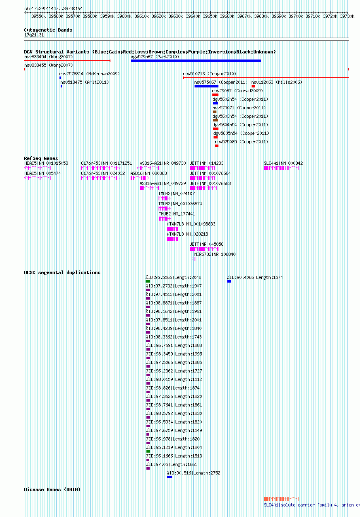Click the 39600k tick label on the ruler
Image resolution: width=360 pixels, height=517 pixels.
124,16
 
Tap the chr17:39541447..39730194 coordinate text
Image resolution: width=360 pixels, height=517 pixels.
53,9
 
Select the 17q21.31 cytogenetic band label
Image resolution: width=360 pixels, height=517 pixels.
34,35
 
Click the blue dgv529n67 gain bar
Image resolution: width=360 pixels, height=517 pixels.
196,61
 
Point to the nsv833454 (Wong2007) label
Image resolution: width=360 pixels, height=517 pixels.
49,57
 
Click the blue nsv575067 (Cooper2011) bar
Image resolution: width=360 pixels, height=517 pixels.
206,86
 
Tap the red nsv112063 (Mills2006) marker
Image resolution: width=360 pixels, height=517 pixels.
253,86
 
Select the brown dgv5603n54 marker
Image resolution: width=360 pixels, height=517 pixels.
215,120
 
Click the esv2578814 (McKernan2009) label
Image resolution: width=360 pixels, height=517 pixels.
89,74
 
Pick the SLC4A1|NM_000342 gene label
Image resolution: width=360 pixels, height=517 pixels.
283,163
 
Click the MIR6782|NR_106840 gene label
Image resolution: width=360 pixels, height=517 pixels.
215,254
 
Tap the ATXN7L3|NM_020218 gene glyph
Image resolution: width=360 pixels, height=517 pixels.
172,239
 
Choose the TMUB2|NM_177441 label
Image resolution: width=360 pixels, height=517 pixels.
177,214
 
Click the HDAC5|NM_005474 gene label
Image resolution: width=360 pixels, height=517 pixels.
42,173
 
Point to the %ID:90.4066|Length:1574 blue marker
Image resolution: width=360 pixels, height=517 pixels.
229,281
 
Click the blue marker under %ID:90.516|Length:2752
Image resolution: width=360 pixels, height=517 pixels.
170,477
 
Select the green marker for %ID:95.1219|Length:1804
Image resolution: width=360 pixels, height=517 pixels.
148,451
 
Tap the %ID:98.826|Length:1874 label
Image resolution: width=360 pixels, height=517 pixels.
173,388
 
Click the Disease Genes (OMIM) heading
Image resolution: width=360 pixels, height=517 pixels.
52,489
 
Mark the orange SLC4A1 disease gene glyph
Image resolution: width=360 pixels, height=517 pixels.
282,499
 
